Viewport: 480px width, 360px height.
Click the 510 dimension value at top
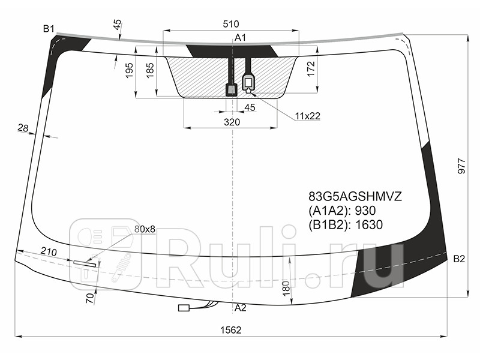tap(231, 24)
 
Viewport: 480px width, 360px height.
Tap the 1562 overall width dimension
tap(231, 329)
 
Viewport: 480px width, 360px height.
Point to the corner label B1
tap(49, 28)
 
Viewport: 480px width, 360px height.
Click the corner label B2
tap(459, 259)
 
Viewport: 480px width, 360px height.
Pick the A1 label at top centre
tap(240, 38)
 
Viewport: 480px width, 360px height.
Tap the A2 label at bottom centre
tap(240, 308)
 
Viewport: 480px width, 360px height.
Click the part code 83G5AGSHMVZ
tap(355, 196)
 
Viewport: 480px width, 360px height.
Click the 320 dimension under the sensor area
tap(232, 122)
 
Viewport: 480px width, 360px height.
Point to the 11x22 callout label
tap(307, 116)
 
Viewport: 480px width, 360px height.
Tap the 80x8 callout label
tap(145, 229)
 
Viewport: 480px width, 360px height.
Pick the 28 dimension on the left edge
tap(23, 127)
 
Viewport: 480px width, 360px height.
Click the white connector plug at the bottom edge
tap(184, 308)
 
